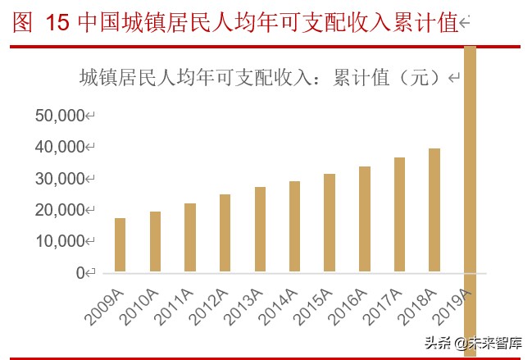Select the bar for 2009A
coord(120,244)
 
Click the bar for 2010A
coord(155,241)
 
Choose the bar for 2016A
coord(364,219)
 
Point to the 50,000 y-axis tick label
coord(61,116)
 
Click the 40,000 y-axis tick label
coord(61,147)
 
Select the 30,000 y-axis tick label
coord(61,179)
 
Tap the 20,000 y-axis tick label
coord(61,210)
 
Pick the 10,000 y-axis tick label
coord(61,241)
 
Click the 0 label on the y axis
coord(80,273)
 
